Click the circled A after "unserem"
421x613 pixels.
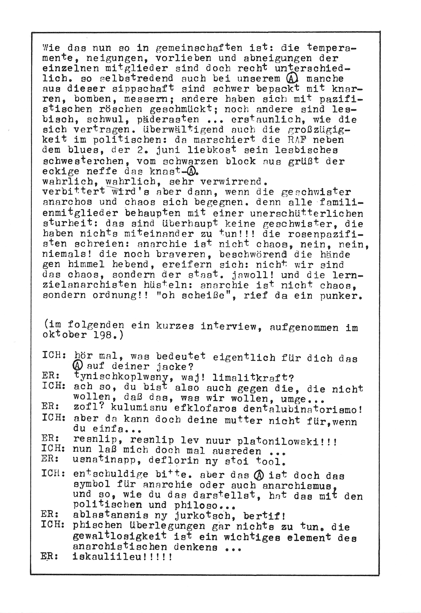291,79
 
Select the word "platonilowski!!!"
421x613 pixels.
287,441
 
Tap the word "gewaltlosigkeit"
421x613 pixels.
120,537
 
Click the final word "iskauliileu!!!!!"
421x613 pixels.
123,556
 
